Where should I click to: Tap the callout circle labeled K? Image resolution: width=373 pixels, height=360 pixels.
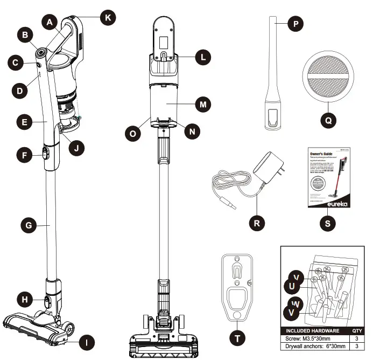[108, 18]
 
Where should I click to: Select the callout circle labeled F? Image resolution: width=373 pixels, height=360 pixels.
[24, 155]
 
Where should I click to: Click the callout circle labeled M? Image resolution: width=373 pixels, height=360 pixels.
[202, 103]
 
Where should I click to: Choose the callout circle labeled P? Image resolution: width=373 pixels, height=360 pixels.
[295, 24]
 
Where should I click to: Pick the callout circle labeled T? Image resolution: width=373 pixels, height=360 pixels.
[236, 338]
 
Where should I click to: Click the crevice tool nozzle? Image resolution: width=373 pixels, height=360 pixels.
[275, 75]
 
